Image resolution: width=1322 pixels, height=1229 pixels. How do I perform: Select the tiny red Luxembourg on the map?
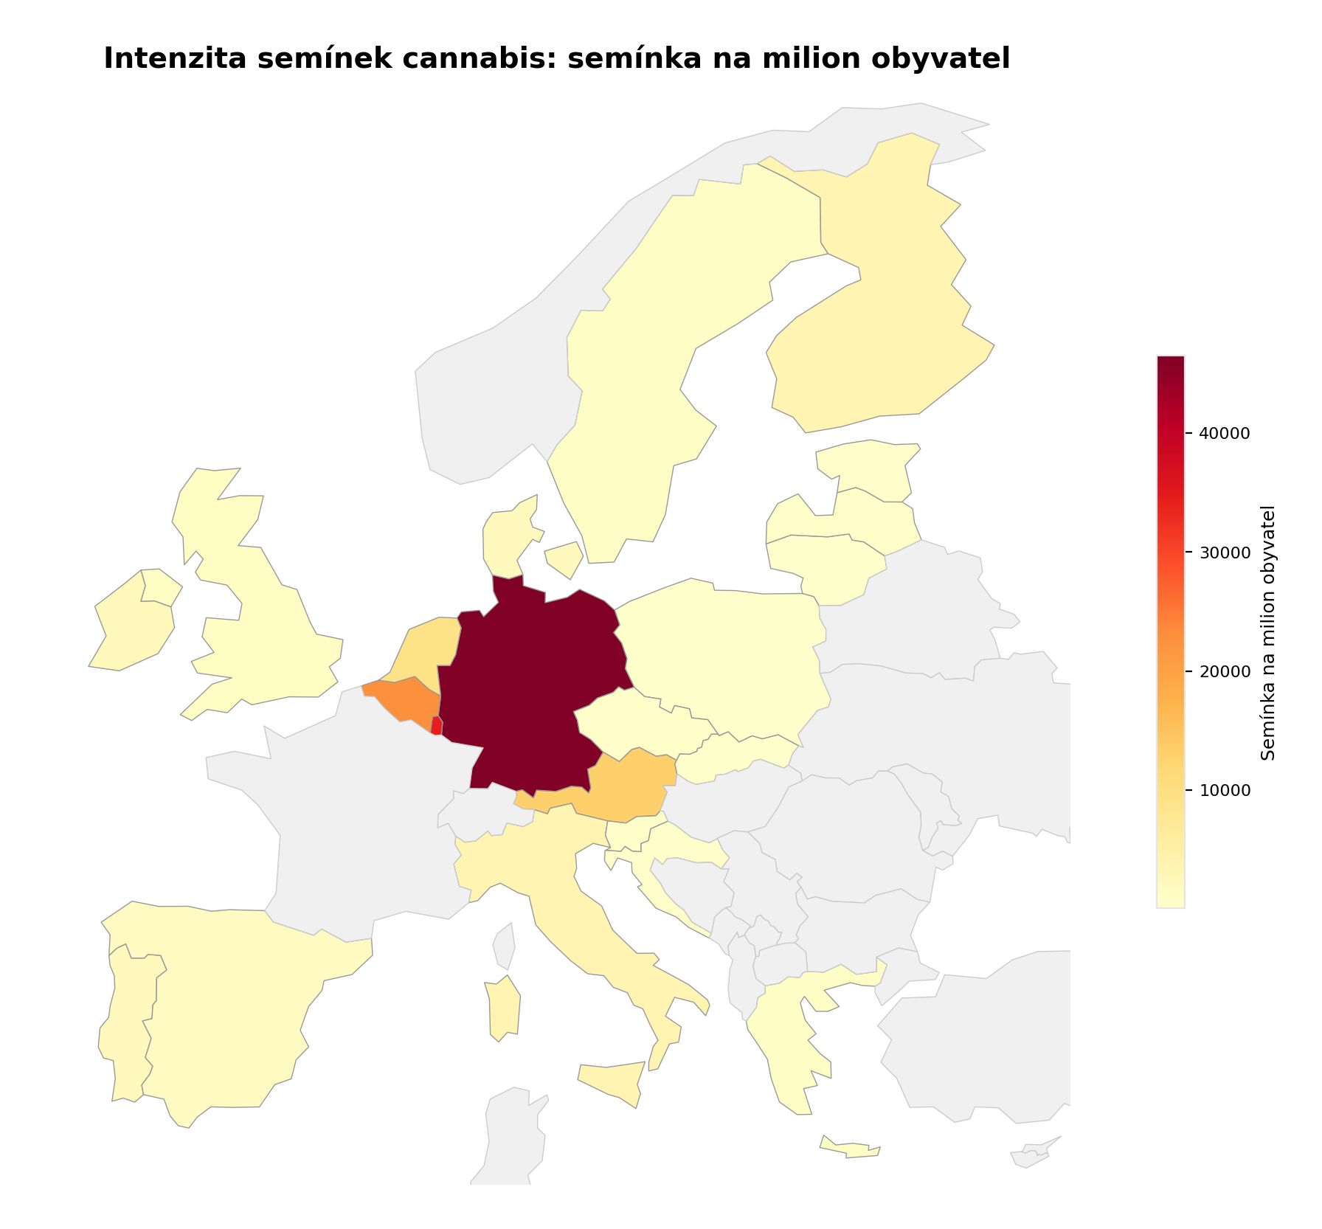(437, 726)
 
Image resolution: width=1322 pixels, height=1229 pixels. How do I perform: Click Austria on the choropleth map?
(627, 789)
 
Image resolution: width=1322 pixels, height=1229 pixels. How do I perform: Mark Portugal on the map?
(125, 1025)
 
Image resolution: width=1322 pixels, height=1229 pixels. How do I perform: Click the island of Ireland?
(133, 627)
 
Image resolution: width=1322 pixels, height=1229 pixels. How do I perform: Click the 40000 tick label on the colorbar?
(1224, 434)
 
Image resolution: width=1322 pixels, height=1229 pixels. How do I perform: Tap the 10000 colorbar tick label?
(1224, 791)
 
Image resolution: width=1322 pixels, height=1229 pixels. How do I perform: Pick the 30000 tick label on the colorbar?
(1224, 553)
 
